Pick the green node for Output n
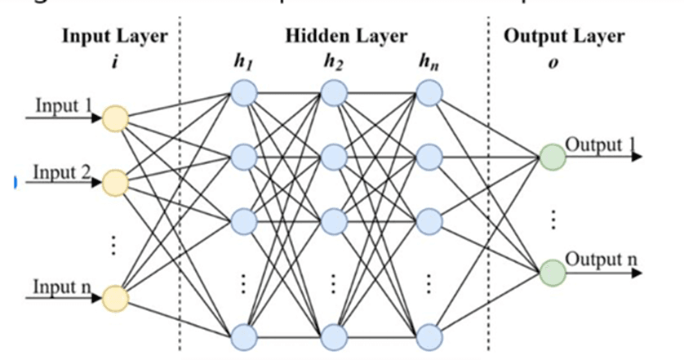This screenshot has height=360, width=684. [x=553, y=270]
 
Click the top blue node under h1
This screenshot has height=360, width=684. [x=242, y=96]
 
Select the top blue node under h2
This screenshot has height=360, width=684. [x=332, y=96]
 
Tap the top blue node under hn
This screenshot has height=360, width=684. [x=430, y=96]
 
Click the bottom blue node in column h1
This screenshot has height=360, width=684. [x=242, y=336]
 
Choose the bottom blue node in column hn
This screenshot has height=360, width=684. [x=430, y=336]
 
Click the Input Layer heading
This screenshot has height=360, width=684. [x=114, y=36]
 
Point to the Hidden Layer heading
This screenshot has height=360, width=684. [x=346, y=36]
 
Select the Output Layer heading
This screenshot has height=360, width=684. [x=564, y=36]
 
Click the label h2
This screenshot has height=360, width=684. [x=332, y=63]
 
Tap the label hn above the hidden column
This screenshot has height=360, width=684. [x=430, y=63]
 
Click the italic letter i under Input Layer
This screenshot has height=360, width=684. [x=114, y=61]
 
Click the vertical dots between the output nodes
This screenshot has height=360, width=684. [x=553, y=217]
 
